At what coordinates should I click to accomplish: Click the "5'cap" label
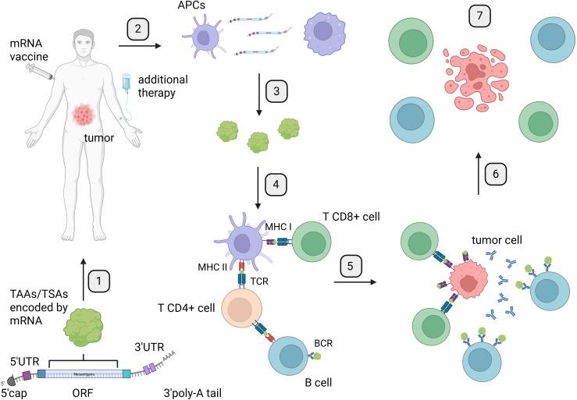pos(16,391)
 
